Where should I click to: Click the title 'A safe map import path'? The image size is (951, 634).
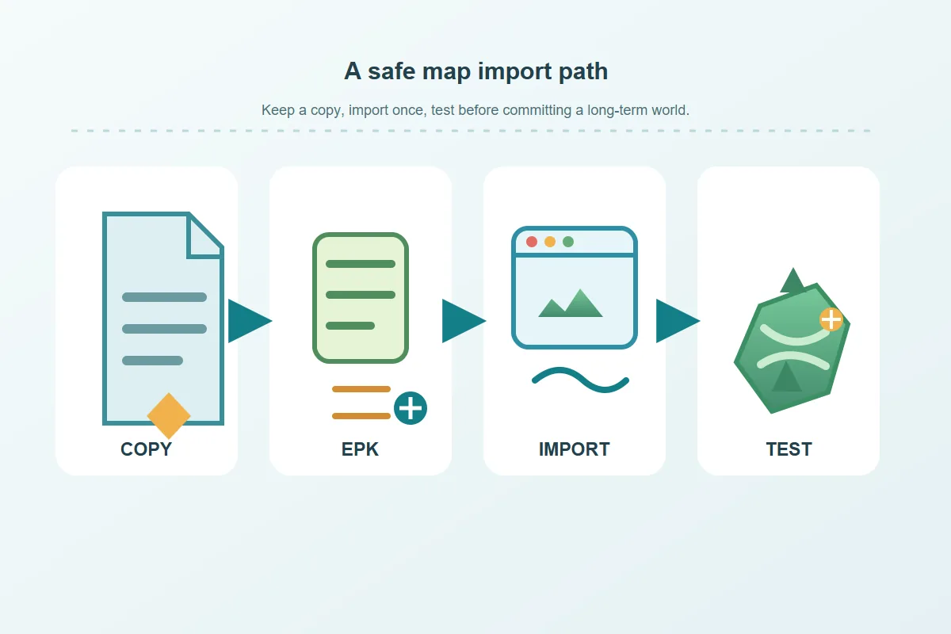(x=476, y=71)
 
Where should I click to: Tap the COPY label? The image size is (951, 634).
(x=146, y=449)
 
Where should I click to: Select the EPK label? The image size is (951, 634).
(x=360, y=449)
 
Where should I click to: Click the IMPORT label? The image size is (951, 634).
(x=574, y=449)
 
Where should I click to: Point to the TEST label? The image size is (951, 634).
(x=789, y=449)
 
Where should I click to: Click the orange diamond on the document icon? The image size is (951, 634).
(x=169, y=416)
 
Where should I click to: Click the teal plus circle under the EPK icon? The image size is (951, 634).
(x=411, y=408)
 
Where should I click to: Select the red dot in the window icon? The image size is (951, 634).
(x=532, y=242)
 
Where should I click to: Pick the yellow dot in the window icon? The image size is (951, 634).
(x=550, y=242)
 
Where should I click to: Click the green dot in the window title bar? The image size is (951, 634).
(x=568, y=242)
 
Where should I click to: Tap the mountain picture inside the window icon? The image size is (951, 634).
(x=571, y=304)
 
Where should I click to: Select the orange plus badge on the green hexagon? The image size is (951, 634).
(x=831, y=319)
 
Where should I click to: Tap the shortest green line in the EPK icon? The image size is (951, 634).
(x=350, y=326)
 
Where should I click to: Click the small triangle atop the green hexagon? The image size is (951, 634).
(x=792, y=281)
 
